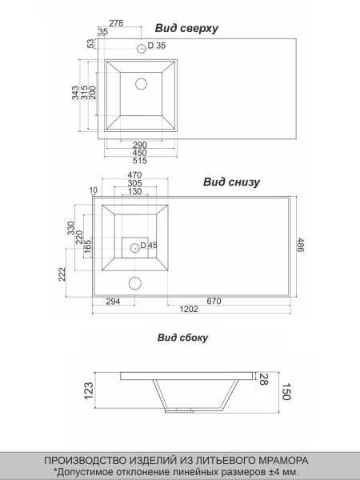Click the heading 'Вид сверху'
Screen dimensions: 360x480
coord(186,28)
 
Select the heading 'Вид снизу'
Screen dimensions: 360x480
coord(231,182)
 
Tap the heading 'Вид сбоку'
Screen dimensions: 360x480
coord(182,338)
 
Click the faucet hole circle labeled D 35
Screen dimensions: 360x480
coord(141,48)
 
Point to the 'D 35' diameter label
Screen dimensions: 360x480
coord(157,46)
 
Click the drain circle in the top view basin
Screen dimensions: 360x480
coord(141,84)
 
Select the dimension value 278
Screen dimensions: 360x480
coord(116,23)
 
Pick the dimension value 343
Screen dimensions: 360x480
coord(75,93)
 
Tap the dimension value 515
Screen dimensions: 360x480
coord(139,161)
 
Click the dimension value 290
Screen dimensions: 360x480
coord(139,145)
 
